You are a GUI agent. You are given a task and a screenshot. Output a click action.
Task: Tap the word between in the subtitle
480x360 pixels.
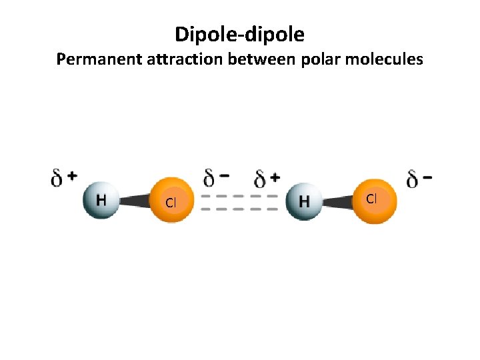point(261,60)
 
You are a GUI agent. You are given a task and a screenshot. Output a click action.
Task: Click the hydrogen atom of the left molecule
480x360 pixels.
point(101,200)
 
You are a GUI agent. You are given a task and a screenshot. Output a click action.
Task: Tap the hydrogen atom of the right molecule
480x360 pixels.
point(304,201)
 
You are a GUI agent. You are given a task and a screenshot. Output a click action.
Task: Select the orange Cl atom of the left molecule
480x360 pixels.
point(171,201)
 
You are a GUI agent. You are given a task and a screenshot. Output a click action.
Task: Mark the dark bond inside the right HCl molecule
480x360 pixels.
point(338,200)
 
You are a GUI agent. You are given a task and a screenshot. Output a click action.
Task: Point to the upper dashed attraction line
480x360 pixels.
point(239,197)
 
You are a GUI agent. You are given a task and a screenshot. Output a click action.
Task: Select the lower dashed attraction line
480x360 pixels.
point(239,209)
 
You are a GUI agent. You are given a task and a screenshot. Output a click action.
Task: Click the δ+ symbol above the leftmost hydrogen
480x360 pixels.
point(64,178)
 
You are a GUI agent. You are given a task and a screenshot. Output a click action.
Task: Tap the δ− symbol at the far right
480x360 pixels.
point(419,179)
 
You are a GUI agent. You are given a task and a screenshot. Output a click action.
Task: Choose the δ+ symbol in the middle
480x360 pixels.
point(267,178)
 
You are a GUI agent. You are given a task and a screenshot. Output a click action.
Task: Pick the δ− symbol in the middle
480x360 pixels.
point(217,178)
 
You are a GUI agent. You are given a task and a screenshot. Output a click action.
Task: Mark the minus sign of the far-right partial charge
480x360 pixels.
point(428,177)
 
